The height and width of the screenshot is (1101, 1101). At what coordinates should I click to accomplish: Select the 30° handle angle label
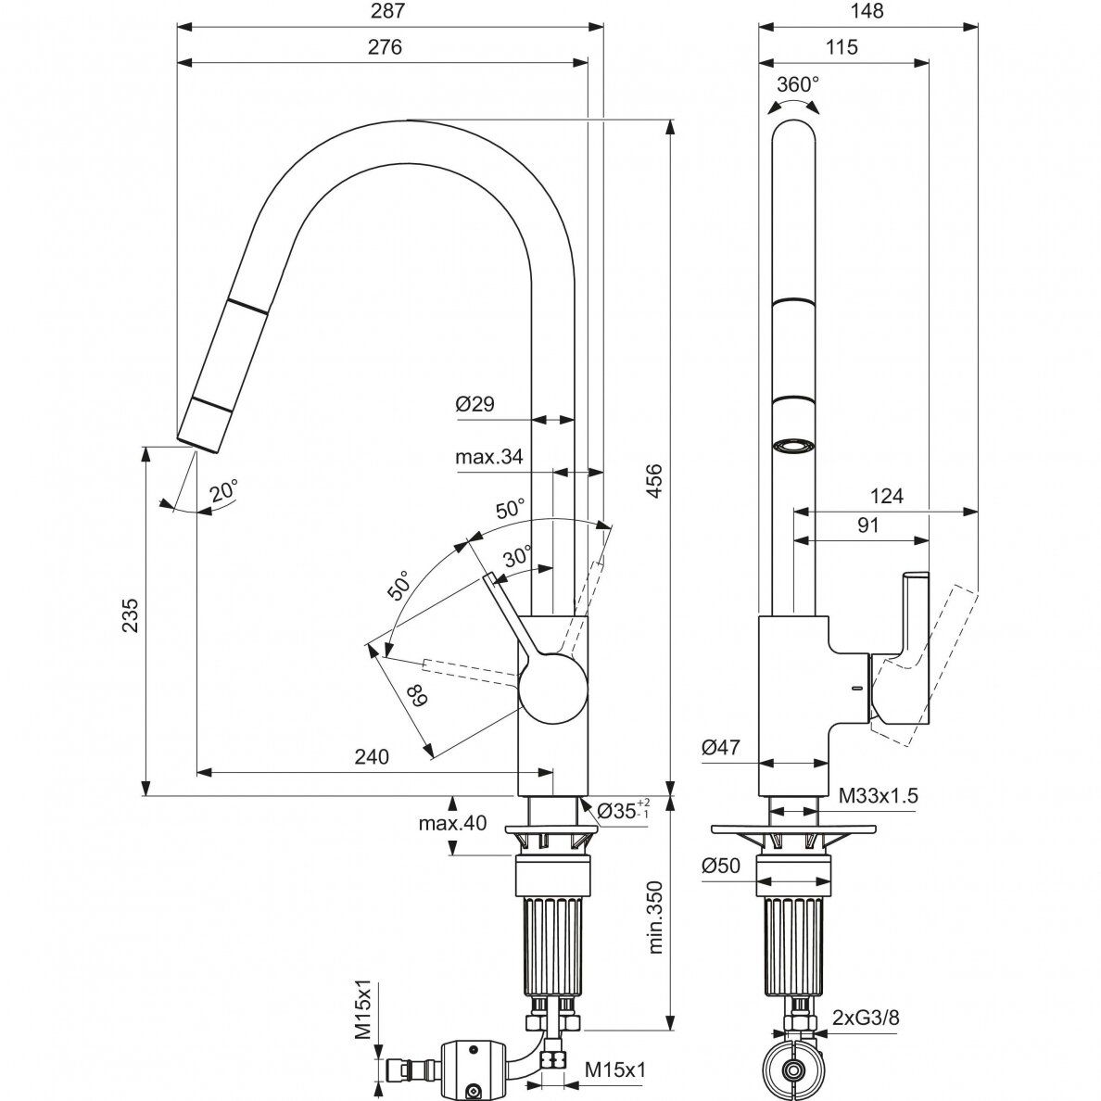click(518, 556)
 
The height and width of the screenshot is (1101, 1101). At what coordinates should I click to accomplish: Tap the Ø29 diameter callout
click(475, 404)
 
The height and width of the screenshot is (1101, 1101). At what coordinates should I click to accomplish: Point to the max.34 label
click(489, 456)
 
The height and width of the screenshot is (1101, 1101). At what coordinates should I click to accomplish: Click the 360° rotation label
click(797, 84)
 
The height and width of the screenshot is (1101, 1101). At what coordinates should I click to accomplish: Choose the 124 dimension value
click(887, 496)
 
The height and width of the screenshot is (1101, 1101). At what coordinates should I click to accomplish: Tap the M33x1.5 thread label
click(878, 794)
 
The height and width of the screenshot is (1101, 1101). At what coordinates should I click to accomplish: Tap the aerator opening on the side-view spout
click(794, 446)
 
